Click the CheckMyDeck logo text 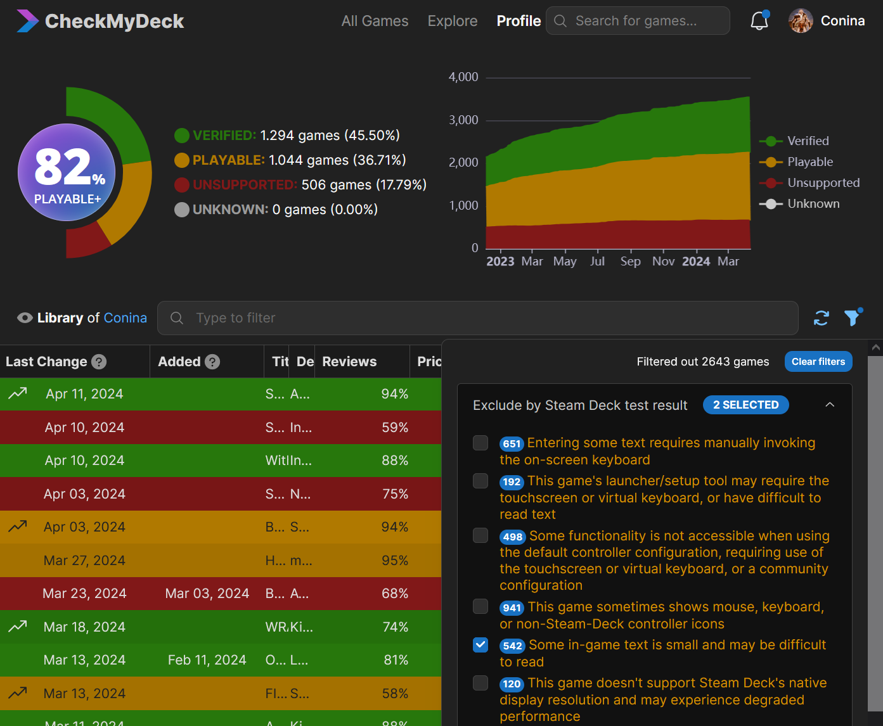tap(114, 22)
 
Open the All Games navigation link tap(375, 21)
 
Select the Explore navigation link tap(453, 21)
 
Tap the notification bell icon tap(759, 21)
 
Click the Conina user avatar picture tap(801, 21)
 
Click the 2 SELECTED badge tap(745, 405)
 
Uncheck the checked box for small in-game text tap(480, 645)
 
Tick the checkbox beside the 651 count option tap(480, 443)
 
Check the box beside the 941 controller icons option tap(480, 607)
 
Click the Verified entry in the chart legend tap(808, 141)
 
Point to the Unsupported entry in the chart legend tap(823, 183)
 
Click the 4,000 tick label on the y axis tap(463, 77)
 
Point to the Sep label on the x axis tap(630, 262)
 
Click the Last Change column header tap(46, 362)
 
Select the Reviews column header tap(349, 362)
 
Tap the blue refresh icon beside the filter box tap(822, 318)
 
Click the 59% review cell tap(395, 428)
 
